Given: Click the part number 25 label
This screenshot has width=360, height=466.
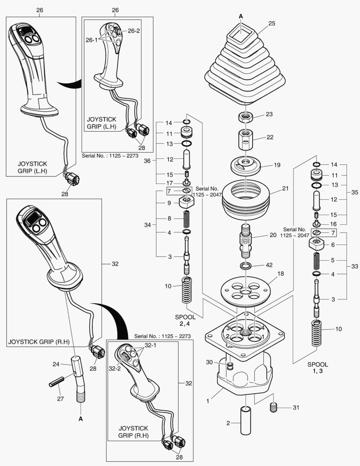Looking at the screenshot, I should pyautogui.click(x=272, y=23).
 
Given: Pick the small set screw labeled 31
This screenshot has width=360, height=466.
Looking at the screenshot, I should pyautogui.click(x=273, y=407).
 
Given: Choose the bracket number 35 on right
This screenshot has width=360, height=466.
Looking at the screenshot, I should pyautogui.click(x=355, y=192).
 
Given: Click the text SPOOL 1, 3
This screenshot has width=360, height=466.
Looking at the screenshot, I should pyautogui.click(x=319, y=368).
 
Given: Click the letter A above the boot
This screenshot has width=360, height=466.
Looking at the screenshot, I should pyautogui.click(x=241, y=16).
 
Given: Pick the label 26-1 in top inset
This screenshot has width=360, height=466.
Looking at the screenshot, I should pyautogui.click(x=91, y=40).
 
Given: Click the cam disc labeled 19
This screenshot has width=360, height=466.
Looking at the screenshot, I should pyautogui.click(x=246, y=164).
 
